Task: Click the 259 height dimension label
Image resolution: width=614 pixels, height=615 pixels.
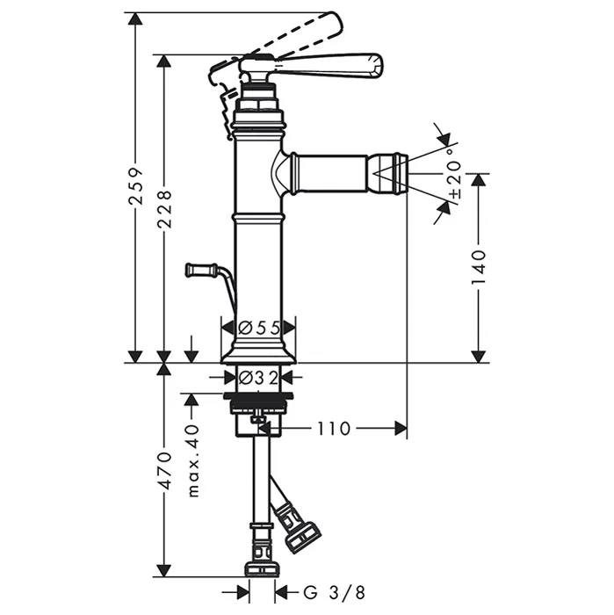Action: [136, 186]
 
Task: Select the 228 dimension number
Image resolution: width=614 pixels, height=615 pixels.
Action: [164, 209]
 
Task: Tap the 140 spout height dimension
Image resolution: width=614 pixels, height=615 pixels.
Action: [478, 267]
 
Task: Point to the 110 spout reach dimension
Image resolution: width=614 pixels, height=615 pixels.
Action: [333, 429]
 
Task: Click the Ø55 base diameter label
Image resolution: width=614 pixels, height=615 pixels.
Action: [259, 328]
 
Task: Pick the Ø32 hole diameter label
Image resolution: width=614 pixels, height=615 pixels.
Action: [258, 378]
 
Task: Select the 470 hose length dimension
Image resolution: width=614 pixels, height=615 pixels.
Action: [164, 470]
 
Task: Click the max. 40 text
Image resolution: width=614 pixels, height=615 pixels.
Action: [193, 460]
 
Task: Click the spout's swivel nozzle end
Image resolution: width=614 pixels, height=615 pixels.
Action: [388, 174]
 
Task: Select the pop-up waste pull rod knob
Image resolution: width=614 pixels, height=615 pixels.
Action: [201, 270]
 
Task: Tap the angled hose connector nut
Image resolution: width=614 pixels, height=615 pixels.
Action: [303, 538]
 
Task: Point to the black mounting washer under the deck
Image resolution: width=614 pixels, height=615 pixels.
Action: [258, 395]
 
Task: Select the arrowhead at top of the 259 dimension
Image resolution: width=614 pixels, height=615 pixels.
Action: [135, 18]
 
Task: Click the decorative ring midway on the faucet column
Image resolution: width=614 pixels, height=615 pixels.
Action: [258, 216]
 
